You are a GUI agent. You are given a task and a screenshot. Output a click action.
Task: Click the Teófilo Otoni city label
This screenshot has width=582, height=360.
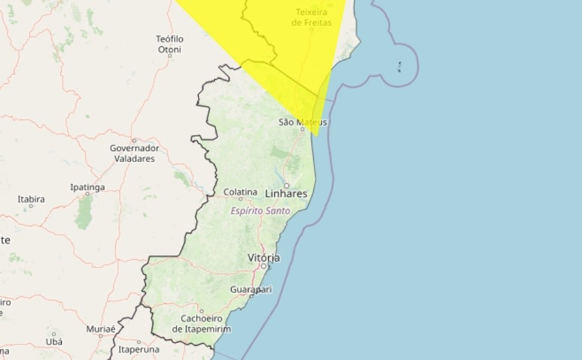(170, 44)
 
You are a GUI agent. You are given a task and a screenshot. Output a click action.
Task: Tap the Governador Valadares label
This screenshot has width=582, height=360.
(134, 153)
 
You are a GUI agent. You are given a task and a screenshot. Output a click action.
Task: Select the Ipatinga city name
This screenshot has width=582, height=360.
(88, 187)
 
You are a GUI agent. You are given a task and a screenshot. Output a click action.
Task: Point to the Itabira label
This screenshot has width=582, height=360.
(31, 199)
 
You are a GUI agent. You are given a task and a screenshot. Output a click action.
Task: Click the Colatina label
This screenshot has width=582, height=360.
(241, 192)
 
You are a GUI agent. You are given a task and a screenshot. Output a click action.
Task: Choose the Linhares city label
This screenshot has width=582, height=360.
(286, 194)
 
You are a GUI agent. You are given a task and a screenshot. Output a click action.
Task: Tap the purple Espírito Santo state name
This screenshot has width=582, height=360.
(261, 211)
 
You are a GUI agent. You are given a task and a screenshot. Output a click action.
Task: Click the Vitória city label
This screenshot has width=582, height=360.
(263, 257)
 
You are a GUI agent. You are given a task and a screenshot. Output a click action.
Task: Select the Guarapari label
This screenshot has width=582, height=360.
(251, 289)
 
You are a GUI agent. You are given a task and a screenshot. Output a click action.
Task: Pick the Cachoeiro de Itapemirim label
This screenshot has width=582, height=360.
(202, 323)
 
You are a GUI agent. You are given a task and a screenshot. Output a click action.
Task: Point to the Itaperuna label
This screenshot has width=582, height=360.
(139, 349)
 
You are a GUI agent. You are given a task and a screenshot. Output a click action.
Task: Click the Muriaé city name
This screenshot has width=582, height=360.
(100, 329)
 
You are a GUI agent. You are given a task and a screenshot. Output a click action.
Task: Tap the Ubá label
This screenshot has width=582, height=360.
(53, 341)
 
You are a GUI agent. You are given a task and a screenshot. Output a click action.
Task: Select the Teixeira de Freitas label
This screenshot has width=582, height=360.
(311, 17)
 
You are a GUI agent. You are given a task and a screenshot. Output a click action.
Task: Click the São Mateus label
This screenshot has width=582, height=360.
(303, 122)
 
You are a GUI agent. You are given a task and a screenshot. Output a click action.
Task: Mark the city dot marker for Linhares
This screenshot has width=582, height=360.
(286, 185)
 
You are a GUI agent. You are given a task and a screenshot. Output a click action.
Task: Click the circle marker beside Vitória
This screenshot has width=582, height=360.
(263, 266)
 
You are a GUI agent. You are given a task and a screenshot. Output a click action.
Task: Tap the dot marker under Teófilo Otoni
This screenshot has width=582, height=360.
(170, 55)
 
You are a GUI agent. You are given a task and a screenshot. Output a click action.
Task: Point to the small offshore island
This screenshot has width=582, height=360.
(400, 67)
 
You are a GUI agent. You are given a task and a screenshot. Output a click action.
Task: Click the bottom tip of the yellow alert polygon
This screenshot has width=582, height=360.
(315, 136)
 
